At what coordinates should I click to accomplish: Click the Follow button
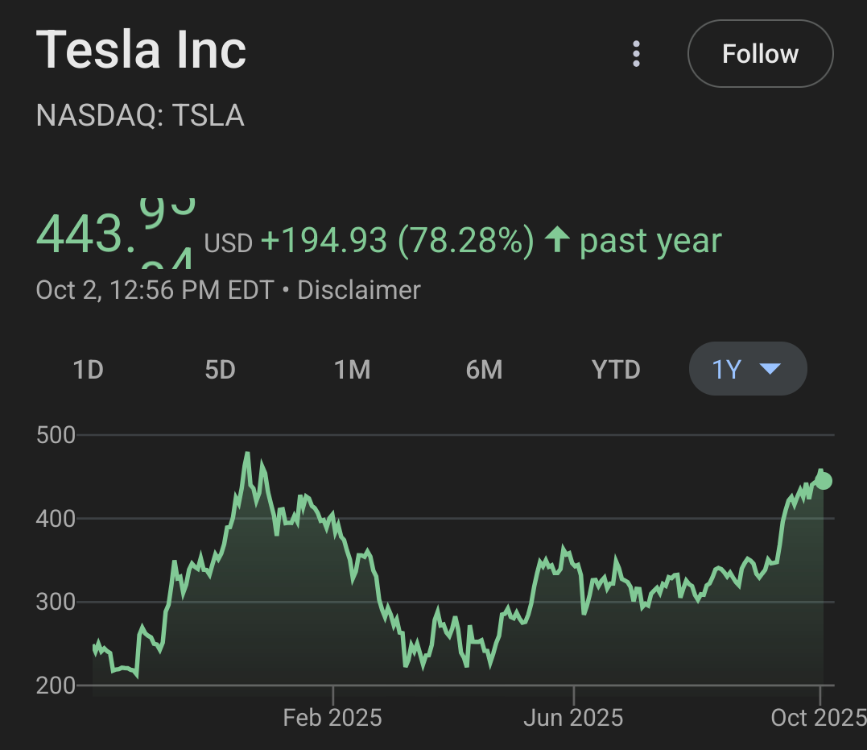760,54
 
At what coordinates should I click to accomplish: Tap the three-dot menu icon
636,54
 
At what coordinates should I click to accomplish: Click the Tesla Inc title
141,50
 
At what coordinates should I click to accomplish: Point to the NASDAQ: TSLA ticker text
140,116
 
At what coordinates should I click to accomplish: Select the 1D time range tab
89,370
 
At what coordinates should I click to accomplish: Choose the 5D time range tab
220,370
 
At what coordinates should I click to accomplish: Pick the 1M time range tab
352,370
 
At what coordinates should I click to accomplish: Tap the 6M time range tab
484,370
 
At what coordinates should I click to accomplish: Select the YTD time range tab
616,370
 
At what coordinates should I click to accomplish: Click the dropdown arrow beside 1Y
770,369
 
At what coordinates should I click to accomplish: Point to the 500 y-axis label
56,436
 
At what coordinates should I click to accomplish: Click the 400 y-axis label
56,519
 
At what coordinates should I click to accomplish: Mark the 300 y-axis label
56,603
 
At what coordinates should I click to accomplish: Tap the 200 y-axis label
56,686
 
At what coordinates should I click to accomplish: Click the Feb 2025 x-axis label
332,718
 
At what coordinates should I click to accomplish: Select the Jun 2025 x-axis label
573,718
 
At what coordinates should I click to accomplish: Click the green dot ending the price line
824,481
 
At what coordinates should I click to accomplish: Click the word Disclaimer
359,290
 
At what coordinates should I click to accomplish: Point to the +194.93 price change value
324,241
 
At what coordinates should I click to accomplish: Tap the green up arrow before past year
557,240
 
